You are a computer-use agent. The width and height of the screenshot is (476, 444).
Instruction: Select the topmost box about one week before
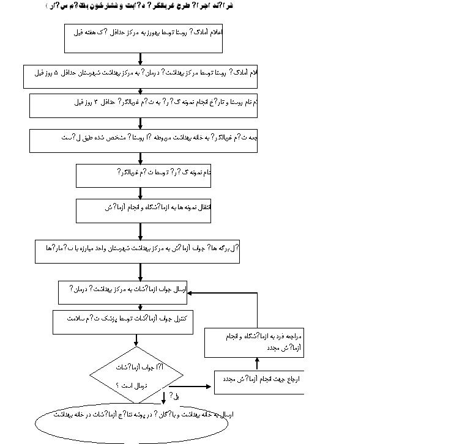point(143,38)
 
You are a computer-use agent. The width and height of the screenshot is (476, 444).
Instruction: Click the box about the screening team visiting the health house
point(143,140)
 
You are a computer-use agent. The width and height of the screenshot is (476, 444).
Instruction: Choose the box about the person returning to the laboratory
point(255,342)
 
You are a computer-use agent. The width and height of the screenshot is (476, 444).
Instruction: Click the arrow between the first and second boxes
point(141,59)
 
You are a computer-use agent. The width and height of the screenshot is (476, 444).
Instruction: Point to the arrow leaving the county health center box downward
point(141,272)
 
